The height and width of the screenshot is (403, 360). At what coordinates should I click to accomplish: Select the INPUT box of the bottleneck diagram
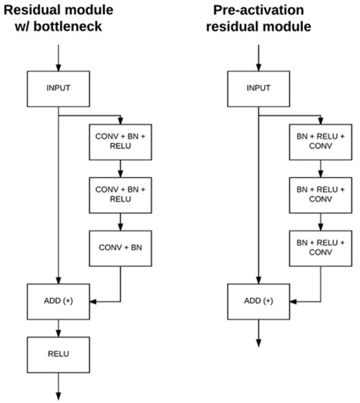coord(58,88)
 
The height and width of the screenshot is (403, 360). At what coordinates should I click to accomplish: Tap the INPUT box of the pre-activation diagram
coord(259,88)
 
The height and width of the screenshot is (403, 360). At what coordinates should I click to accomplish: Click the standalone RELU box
coord(58,354)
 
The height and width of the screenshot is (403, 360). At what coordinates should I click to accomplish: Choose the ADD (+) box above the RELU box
coord(58,301)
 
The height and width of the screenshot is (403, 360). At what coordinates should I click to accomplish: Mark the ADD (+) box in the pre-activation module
coord(259,301)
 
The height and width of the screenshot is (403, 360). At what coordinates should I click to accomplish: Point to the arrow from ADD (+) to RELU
coord(58,327)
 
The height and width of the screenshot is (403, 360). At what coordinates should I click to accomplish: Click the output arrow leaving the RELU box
coord(58,385)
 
